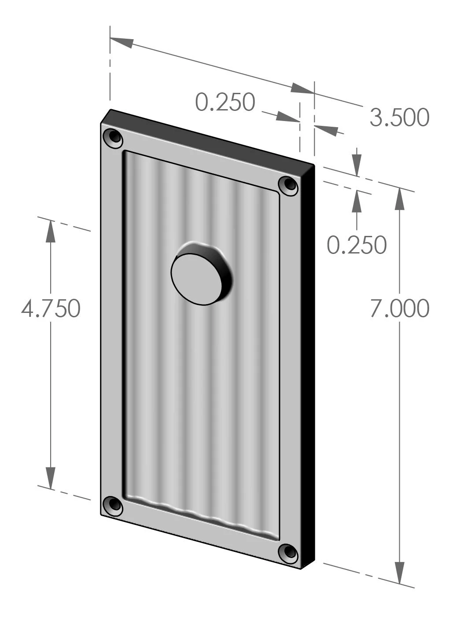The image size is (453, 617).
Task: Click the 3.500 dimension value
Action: [x=399, y=118]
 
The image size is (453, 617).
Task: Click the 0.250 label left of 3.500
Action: [x=225, y=102]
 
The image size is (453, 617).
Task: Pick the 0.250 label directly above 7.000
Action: [x=356, y=245]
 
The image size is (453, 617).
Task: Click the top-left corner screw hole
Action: [x=114, y=138]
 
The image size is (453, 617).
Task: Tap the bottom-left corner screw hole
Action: [x=113, y=505]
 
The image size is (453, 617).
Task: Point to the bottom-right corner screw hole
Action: [x=289, y=553]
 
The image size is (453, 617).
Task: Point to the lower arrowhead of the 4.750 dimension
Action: [x=51, y=477]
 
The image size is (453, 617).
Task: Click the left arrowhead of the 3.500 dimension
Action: [x=122, y=42]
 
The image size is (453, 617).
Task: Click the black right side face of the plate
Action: [x=309, y=365]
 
